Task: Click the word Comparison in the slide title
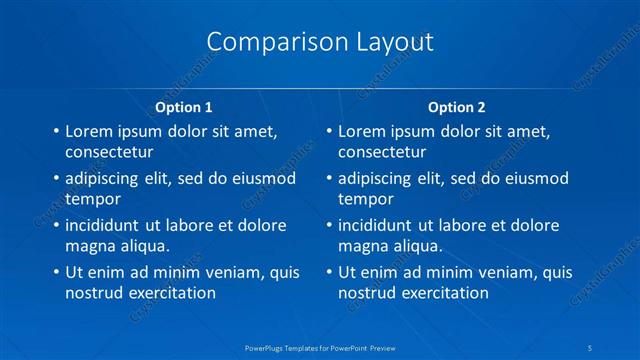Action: point(265,42)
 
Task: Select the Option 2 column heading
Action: point(457,107)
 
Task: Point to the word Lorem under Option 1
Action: point(89,131)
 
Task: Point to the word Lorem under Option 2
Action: point(362,131)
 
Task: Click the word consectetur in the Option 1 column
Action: point(109,153)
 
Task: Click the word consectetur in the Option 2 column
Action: point(382,153)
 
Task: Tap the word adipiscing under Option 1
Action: point(103,178)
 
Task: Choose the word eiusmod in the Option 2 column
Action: point(534,178)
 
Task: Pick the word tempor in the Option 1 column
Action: point(91,199)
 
